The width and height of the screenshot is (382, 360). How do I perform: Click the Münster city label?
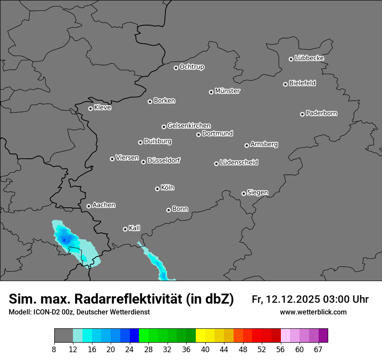tap(227, 91)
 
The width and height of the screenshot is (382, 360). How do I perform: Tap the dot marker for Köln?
tap(157, 189)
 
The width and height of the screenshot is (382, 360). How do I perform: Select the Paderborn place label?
tap(322, 113)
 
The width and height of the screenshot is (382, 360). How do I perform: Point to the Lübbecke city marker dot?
tap(291, 59)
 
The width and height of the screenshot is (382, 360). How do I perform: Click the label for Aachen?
tap(104, 205)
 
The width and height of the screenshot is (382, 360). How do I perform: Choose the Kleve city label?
tap(103, 108)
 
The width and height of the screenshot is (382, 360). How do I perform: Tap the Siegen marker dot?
tap(244, 193)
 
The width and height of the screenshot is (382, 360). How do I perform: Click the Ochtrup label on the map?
tap(192, 67)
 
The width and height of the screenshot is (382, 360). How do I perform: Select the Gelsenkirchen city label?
tap(189, 126)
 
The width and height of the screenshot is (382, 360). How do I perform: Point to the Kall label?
tap(135, 228)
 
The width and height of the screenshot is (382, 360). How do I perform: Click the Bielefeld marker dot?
tap(285, 84)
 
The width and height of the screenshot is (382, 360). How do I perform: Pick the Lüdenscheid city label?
tap(239, 163)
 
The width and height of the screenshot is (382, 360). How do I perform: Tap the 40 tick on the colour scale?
tap(205, 349)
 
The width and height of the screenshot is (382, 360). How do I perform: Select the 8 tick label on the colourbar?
tap(54, 349)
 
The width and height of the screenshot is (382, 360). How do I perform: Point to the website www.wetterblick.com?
tap(313, 312)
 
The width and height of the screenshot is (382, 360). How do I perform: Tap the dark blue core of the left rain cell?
tap(64, 239)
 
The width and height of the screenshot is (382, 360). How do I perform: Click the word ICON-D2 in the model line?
tap(45, 312)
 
